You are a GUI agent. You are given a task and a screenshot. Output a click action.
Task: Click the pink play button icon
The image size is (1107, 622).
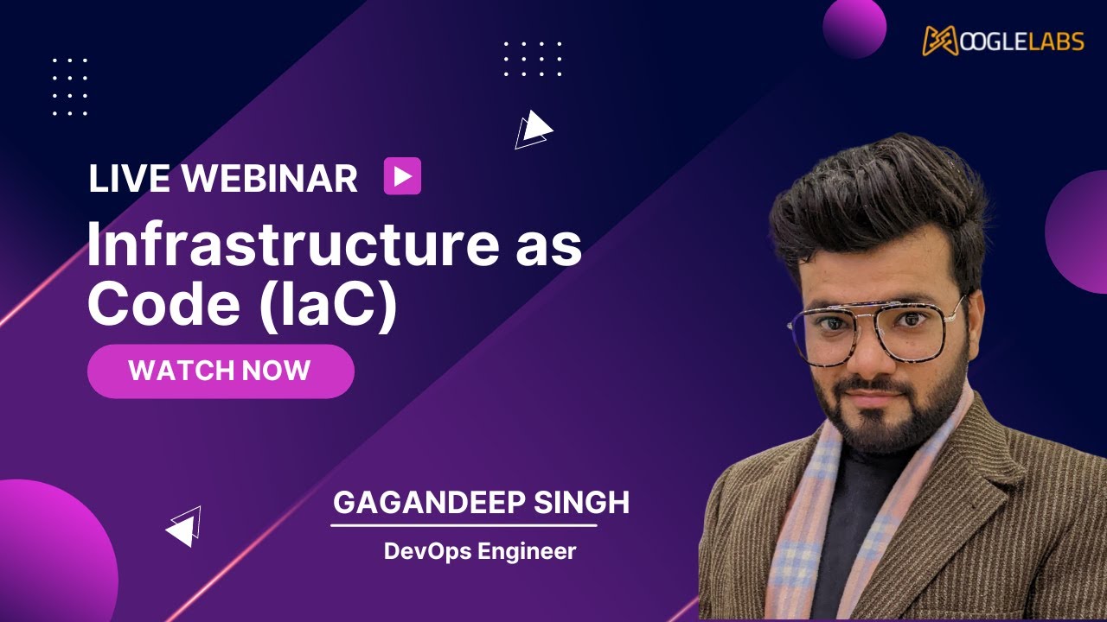402,176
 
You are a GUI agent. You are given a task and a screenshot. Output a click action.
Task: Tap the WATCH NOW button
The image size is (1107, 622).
221,371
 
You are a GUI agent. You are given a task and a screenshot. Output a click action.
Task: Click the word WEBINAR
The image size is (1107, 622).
270,179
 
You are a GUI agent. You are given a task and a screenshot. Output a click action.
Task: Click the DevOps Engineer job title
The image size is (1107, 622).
480,551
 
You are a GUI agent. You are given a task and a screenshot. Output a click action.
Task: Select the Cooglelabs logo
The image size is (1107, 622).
1002,40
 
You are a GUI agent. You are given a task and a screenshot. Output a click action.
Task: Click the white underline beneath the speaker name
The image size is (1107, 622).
464,524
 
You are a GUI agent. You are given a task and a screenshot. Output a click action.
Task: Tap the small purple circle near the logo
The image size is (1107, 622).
854,26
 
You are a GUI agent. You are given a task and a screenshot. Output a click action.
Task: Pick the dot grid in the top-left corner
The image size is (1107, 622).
70,86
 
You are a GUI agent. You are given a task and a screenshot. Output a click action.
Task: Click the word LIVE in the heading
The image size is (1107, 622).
131,179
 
